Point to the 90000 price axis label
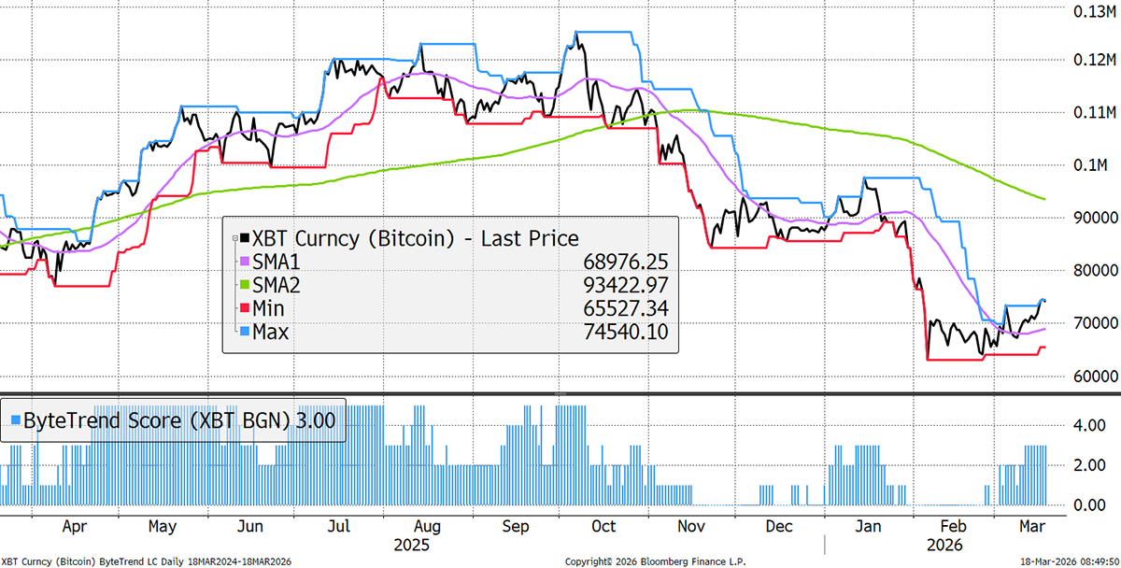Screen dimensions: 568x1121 click(1086, 217)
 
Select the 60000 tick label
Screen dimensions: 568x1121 click(1086, 376)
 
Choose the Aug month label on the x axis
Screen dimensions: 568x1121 click(427, 526)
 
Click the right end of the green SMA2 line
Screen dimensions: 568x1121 click(1044, 199)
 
